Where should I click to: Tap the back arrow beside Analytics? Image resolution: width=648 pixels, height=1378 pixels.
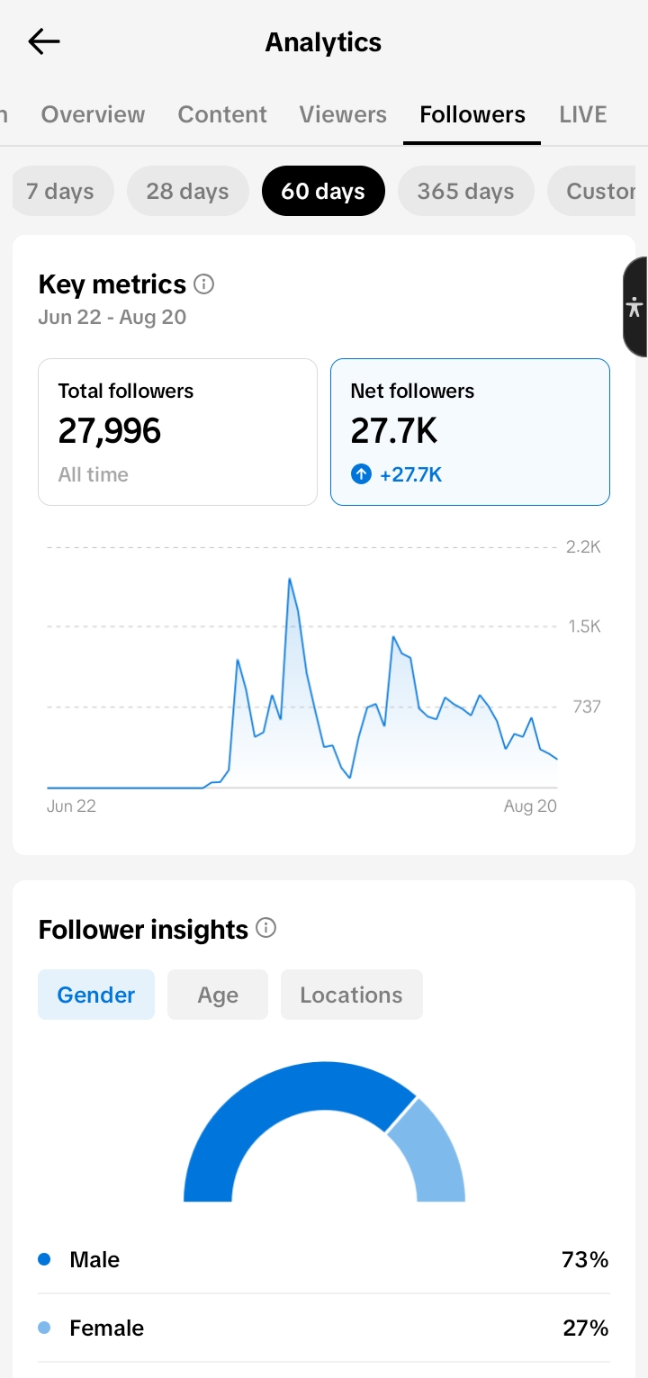(x=44, y=41)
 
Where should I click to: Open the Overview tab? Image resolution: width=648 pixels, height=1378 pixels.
(x=93, y=114)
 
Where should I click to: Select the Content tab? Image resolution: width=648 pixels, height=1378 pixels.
(x=222, y=114)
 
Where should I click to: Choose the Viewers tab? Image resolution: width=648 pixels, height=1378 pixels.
(x=343, y=114)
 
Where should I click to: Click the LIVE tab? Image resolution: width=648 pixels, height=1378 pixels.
(x=583, y=114)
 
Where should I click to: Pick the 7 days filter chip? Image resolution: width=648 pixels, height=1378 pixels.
(x=61, y=191)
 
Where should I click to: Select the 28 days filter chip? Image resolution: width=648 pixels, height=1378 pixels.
(x=188, y=191)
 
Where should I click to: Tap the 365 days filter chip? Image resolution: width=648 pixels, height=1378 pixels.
(x=466, y=191)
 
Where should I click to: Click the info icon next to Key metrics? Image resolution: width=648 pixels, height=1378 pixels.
(x=203, y=284)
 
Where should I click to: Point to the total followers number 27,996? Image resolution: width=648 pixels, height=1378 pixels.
(x=110, y=430)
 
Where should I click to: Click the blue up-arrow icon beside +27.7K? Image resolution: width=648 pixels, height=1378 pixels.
(x=361, y=474)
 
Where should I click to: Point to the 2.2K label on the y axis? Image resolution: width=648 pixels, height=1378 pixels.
(x=583, y=547)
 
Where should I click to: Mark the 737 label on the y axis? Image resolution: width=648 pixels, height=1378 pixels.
(x=587, y=707)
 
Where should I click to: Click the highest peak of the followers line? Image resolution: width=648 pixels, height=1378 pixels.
(x=289, y=578)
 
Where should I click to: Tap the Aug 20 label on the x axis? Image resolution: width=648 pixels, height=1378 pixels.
(x=530, y=806)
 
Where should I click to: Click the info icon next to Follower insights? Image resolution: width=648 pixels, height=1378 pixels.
(x=265, y=928)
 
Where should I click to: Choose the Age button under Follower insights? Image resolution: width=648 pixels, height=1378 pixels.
(x=218, y=995)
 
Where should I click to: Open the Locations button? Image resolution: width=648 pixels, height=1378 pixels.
(x=351, y=995)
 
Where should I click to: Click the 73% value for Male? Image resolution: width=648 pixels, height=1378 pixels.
(x=585, y=1259)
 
